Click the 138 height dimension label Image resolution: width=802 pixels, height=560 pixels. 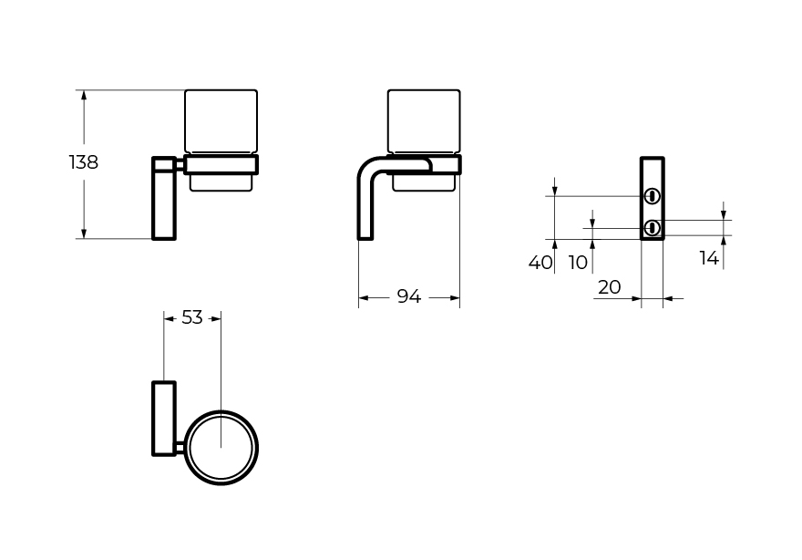click(83, 162)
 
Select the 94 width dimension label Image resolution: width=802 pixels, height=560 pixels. click(408, 296)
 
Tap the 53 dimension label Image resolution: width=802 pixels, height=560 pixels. click(192, 318)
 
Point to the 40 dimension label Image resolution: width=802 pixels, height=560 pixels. click(540, 263)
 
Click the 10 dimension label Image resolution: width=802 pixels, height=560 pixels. click(578, 263)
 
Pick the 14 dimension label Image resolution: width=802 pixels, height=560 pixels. click(709, 258)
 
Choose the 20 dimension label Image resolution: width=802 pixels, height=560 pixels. click(609, 287)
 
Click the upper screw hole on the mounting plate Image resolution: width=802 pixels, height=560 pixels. click(652, 196)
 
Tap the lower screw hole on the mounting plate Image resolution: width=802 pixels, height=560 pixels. click(652, 228)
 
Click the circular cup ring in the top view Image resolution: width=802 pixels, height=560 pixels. click(221, 411)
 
